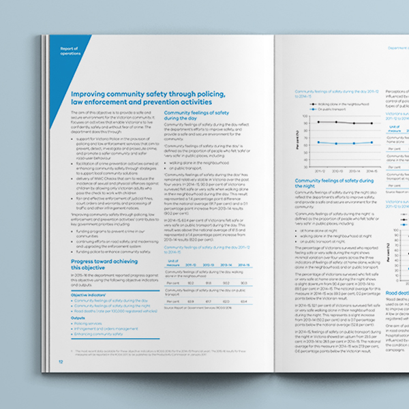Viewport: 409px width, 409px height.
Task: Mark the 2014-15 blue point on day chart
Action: coord(372,142)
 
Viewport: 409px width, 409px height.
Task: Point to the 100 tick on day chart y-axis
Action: coord(304,115)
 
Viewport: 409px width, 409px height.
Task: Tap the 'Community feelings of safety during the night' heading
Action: coord(334,184)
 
